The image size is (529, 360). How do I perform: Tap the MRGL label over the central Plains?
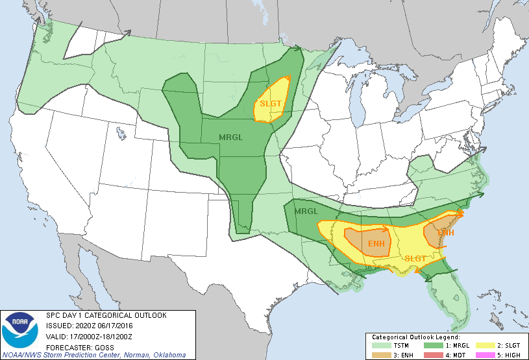[231, 137]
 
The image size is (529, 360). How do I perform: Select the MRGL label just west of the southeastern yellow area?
[306, 211]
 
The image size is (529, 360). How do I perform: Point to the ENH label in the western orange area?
[376, 243]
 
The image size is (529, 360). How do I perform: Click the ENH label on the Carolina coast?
[445, 232]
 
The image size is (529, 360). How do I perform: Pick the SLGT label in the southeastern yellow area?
[415, 258]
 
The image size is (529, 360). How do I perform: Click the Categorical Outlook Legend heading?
[415, 337]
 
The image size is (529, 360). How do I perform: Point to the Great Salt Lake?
[121, 134]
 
